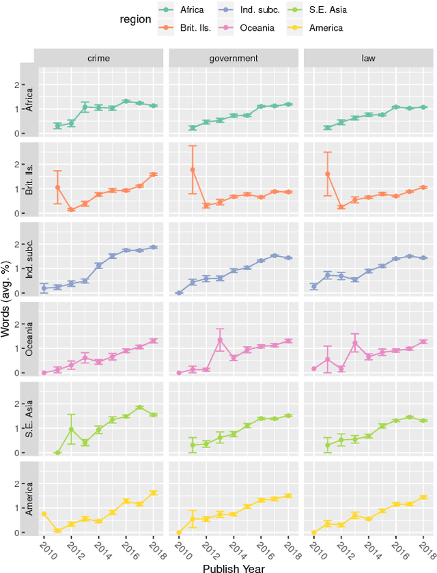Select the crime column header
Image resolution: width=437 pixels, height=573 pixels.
click(98, 59)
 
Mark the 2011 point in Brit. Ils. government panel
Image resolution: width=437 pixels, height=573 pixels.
click(192, 169)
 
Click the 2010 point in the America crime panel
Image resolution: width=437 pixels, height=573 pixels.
click(44, 514)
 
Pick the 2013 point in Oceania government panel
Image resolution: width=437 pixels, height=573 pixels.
click(220, 339)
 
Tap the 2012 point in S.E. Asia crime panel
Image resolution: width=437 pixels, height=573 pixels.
click(71, 429)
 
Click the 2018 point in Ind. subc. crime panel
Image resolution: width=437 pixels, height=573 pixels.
click(154, 247)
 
